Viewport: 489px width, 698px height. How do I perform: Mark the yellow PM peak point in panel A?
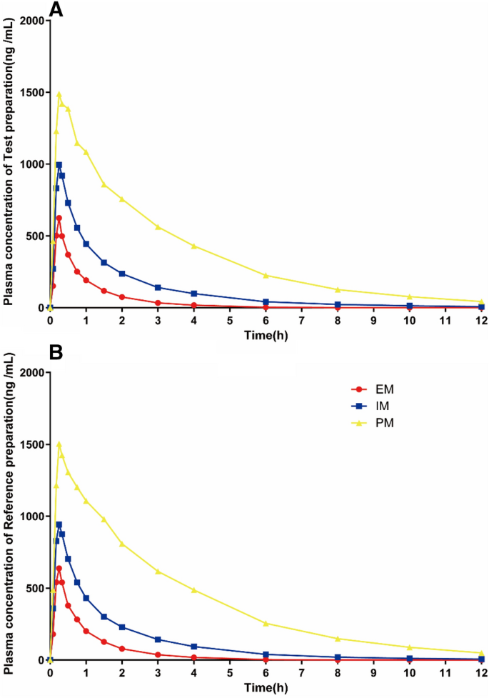[59, 94]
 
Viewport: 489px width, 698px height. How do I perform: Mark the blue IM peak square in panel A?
[59, 164]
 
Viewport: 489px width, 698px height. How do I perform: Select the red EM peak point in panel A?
[59, 218]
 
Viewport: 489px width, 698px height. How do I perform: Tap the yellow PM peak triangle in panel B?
[59, 444]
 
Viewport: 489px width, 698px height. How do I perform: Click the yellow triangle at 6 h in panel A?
[266, 275]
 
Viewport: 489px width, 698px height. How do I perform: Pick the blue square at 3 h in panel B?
[158, 639]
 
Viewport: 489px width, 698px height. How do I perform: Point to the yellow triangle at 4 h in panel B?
[193, 590]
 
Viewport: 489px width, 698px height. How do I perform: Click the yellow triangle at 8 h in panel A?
[337, 289]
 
